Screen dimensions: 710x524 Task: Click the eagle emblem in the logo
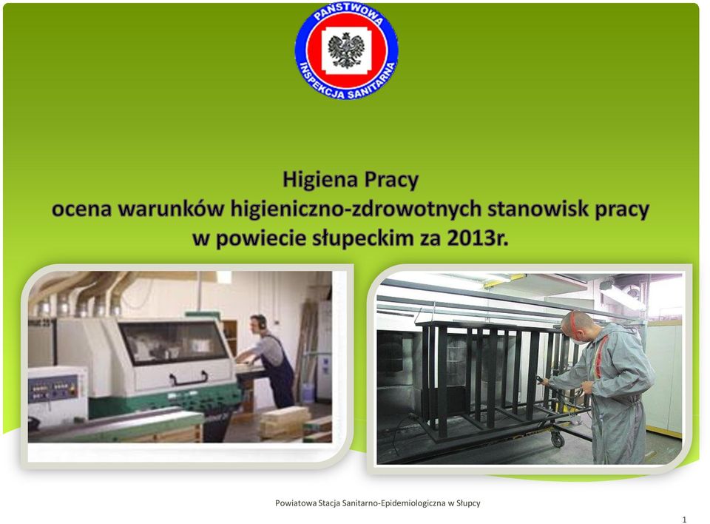coord(346,50)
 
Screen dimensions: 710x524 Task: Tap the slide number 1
coord(684,520)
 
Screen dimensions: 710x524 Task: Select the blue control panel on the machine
coord(53,389)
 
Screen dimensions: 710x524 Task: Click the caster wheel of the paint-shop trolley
coord(558,439)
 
